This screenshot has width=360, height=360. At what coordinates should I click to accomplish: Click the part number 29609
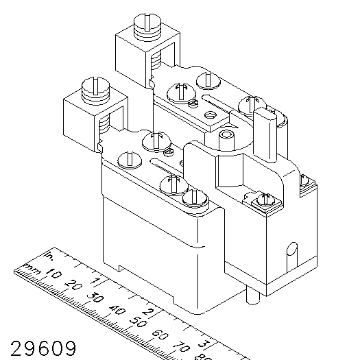tap(43, 348)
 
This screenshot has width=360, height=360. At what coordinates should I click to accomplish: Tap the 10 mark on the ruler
tap(53, 273)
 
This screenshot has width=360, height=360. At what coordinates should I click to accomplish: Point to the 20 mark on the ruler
tap(74, 285)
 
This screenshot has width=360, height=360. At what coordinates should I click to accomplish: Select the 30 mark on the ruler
tap(95, 298)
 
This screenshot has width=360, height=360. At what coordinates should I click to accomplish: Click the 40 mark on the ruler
tap(117, 310)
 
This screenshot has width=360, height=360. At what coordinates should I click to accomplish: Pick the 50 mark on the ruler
tap(138, 322)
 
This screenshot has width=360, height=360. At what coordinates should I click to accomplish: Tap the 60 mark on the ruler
tap(160, 335)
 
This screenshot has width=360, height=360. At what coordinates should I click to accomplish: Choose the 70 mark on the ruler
tap(182, 347)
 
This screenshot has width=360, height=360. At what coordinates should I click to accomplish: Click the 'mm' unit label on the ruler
tap(32, 269)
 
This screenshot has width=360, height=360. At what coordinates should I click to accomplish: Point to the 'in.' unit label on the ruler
tap(49, 256)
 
